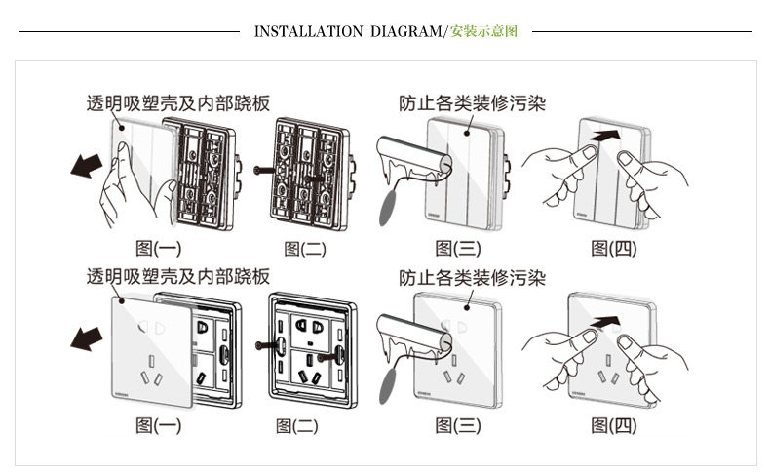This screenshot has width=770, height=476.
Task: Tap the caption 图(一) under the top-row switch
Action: (x=158, y=250)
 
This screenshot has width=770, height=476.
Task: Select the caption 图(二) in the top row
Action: (x=304, y=250)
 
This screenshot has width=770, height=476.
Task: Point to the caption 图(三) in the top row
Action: (x=458, y=250)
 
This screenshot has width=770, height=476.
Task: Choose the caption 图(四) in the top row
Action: (x=613, y=250)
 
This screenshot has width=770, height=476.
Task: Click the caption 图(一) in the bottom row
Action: (x=158, y=425)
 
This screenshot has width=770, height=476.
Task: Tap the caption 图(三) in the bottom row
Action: (x=458, y=425)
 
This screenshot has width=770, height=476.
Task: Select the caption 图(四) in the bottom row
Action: (x=613, y=425)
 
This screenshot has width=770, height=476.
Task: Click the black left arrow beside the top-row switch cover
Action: (x=87, y=167)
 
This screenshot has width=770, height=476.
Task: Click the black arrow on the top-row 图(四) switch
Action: (x=606, y=133)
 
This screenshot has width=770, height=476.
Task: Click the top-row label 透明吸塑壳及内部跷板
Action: (x=177, y=102)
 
